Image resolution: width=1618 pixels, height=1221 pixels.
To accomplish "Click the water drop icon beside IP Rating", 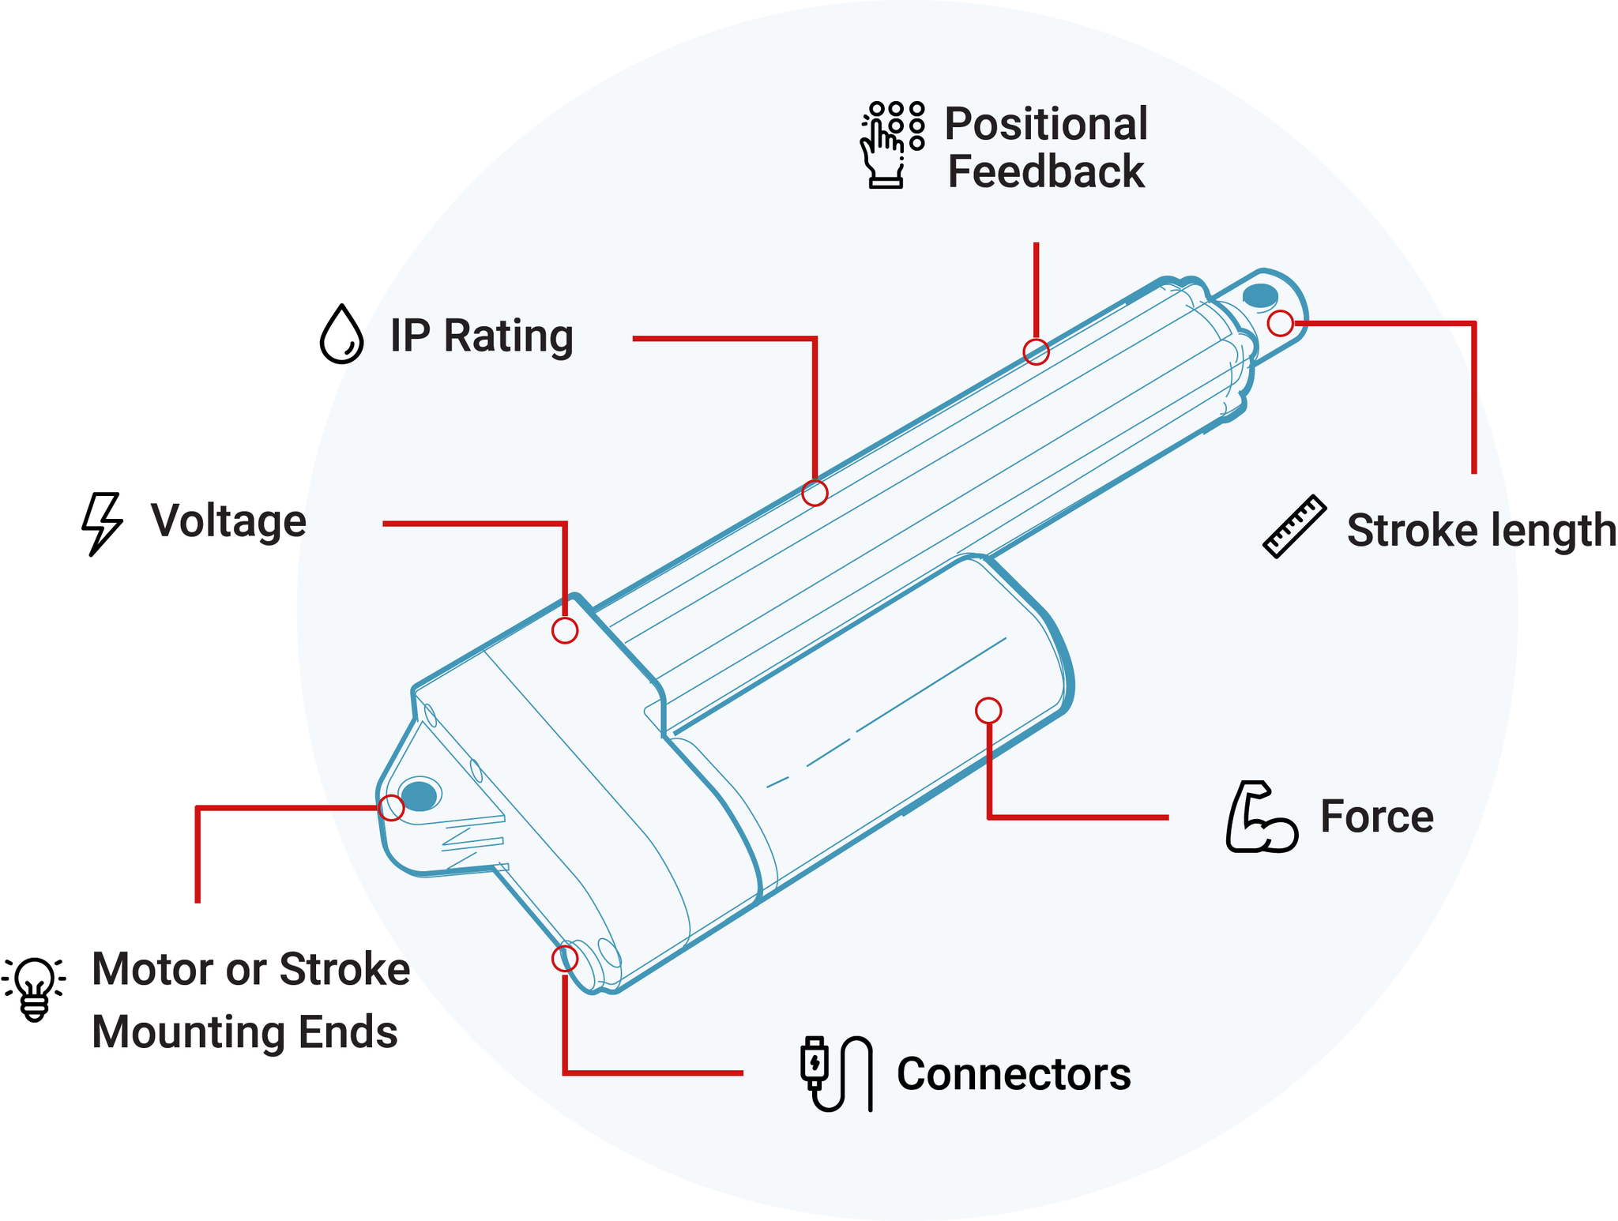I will point(341,334).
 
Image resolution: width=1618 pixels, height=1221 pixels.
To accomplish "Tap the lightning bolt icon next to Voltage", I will point(102,524).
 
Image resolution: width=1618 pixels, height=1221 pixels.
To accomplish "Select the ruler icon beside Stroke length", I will point(1294,527).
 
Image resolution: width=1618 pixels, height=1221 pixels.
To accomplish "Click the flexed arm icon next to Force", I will point(1261,817).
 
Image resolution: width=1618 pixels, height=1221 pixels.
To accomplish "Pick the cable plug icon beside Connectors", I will point(836,1073).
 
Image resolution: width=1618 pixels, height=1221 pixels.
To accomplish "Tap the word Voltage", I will point(228,521).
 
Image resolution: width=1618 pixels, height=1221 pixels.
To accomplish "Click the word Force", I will point(1376,817).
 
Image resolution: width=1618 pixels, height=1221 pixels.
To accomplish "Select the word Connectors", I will point(1013,1074).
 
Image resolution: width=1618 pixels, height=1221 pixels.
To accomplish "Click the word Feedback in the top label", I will point(1045,172).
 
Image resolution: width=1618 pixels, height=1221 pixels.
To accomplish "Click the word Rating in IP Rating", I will point(508,336).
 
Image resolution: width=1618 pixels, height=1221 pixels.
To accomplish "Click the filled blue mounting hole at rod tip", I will point(1260,296).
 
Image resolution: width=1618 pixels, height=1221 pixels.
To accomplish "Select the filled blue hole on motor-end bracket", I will point(419,795).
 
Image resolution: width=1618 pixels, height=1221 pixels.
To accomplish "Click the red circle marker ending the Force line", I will point(988,711).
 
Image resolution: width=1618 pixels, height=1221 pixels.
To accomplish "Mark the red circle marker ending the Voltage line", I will point(565,630).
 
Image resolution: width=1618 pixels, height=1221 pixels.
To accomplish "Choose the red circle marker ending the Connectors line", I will point(565,958).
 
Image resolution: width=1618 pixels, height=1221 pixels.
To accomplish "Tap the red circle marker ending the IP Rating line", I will point(815,493).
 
